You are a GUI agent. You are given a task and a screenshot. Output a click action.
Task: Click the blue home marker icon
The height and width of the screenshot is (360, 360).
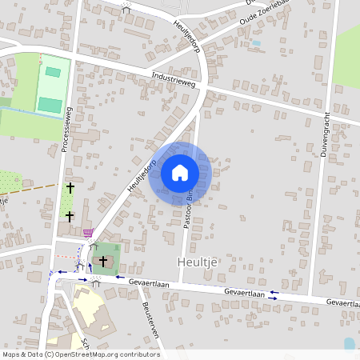(180, 173)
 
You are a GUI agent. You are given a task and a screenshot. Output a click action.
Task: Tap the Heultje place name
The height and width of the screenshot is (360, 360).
(194, 262)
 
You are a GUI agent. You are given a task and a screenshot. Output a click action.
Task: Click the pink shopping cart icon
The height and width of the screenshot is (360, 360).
(87, 233)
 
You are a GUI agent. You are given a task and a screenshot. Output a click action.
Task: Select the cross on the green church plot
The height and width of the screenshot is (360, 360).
(103, 261)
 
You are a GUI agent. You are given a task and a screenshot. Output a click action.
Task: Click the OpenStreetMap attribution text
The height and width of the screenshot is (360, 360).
(80, 354)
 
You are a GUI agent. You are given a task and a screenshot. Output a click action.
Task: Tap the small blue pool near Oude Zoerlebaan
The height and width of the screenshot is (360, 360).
(256, 43)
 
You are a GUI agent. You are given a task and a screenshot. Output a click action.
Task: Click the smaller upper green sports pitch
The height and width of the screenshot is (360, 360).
(53, 72)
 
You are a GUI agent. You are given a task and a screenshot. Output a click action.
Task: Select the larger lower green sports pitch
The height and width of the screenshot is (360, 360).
(50, 104)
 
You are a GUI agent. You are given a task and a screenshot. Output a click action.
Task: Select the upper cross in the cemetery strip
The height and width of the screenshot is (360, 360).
(70, 188)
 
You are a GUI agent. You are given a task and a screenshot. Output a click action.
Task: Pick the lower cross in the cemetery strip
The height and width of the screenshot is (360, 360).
(70, 216)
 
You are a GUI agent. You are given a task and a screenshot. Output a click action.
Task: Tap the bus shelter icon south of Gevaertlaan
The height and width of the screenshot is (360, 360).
(95, 282)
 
